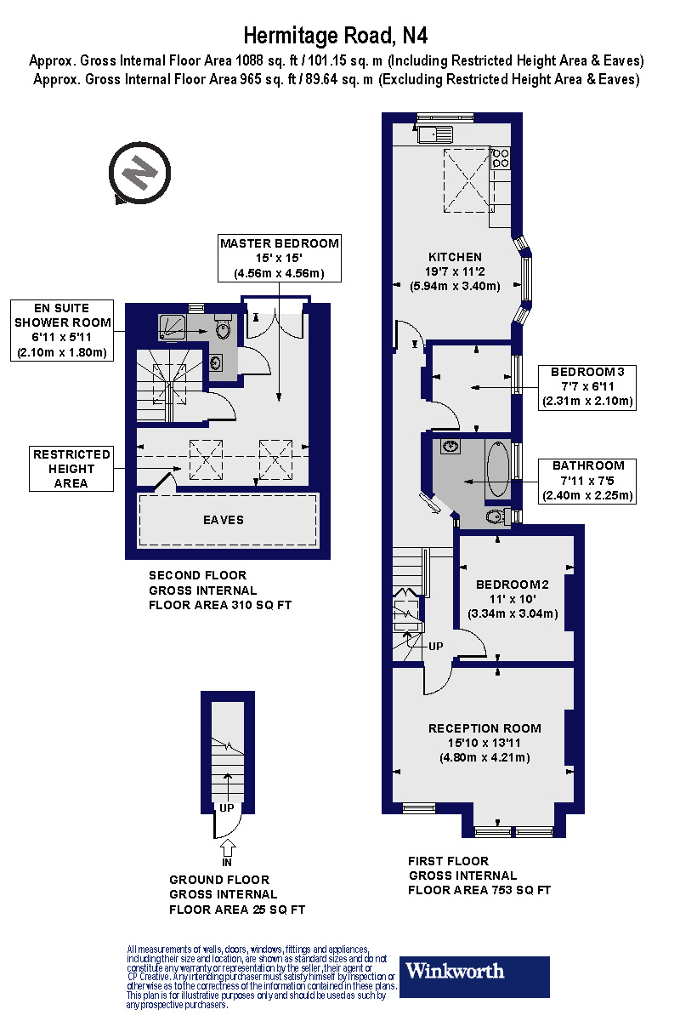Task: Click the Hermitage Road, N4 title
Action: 336,35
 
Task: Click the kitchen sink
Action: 434,133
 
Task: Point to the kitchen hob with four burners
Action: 501,157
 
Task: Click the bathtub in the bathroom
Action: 497,470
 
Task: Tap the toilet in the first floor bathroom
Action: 496,516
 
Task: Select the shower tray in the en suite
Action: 175,326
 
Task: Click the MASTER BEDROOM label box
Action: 279,258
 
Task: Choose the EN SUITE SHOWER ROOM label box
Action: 62,330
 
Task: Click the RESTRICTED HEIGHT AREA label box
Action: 71,469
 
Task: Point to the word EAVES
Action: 223,520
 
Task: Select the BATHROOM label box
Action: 588,481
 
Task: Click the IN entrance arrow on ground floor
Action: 227,849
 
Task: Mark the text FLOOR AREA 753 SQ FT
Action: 479,890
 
